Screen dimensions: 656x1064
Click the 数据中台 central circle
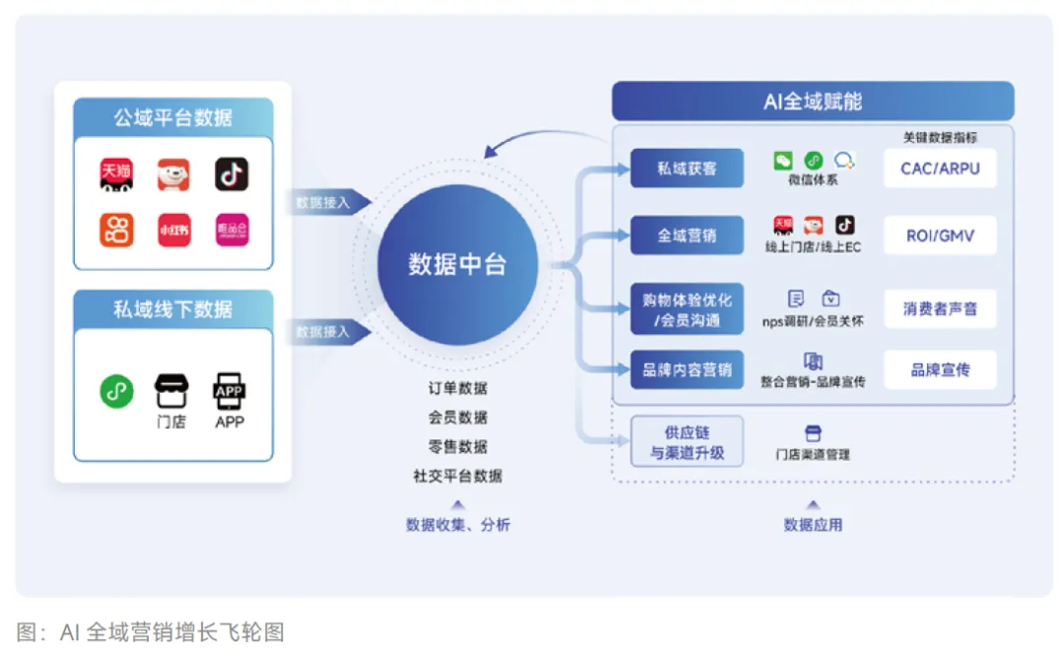tap(457, 264)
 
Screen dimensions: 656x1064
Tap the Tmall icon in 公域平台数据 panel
tap(116, 174)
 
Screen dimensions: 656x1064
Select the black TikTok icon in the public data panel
tap(232, 174)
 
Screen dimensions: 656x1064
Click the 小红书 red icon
tap(174, 230)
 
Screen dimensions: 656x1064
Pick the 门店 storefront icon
tap(171, 392)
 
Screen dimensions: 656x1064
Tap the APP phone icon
tap(230, 392)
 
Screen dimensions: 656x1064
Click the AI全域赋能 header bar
tap(813, 101)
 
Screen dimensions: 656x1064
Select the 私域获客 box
tap(687, 168)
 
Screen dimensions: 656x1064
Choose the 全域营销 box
tap(687, 236)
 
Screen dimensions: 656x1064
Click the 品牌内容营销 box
tap(687, 370)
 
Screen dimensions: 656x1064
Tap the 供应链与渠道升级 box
tap(687, 442)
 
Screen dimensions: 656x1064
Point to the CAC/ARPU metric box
tap(940, 168)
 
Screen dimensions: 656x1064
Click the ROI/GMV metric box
tap(940, 236)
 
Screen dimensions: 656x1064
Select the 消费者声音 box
tap(940, 309)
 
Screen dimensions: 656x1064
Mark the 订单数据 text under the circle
tap(457, 388)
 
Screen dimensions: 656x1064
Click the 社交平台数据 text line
tap(457, 476)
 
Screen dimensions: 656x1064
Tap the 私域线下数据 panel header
tap(173, 309)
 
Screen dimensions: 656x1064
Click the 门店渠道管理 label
tap(813, 454)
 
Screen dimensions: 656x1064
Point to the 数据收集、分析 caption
tap(457, 525)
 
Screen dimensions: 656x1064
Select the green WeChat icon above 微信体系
tap(783, 161)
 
